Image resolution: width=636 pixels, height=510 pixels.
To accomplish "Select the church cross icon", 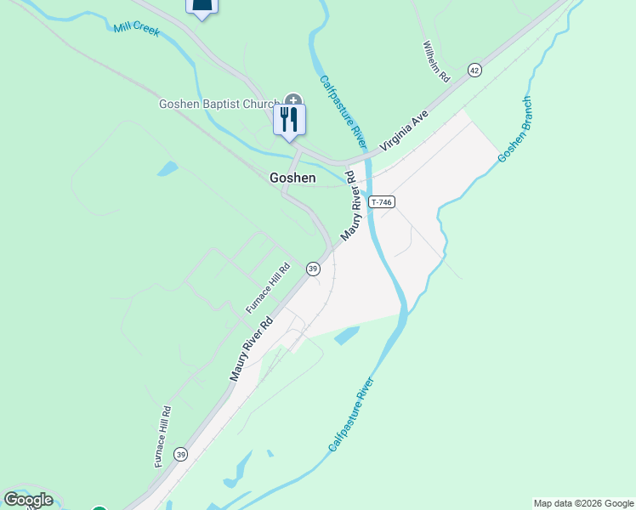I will [x=293, y=101].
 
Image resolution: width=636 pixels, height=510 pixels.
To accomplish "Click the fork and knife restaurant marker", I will [x=289, y=119].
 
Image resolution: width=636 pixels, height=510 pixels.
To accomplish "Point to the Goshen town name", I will [x=292, y=178].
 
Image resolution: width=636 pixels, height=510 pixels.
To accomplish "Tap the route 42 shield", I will [x=474, y=70].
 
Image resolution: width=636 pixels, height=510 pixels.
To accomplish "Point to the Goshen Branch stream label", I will [x=515, y=129].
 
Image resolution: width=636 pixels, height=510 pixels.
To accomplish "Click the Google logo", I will [x=29, y=500].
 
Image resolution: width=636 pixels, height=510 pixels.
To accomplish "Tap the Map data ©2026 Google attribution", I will [x=583, y=503].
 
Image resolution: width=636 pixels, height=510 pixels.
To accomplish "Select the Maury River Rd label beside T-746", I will [x=351, y=205].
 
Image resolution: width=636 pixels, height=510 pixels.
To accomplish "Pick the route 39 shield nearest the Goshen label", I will [x=313, y=269].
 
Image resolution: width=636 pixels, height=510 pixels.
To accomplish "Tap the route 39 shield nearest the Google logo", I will [x=180, y=455].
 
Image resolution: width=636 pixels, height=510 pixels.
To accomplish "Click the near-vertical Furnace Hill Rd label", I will [x=163, y=436].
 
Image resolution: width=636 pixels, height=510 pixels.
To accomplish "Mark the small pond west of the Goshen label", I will [x=167, y=168].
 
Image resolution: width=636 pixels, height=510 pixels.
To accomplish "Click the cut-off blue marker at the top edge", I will [x=202, y=8].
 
